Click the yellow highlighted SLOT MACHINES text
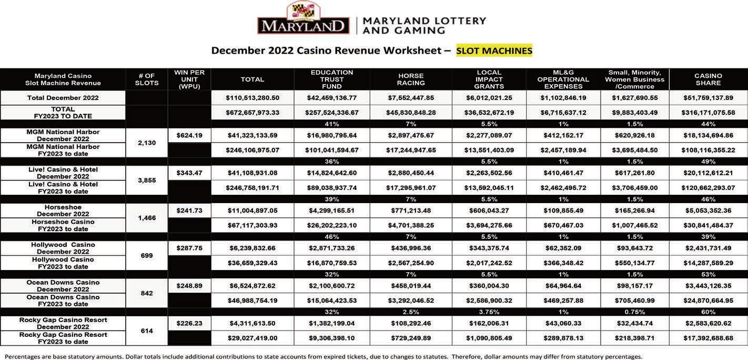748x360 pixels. (x=494, y=51)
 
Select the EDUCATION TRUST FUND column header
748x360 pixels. (x=332, y=79)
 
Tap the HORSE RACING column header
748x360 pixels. (x=411, y=79)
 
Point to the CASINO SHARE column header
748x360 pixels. (x=708, y=79)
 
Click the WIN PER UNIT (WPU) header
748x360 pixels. (x=189, y=79)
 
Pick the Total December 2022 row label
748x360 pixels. (x=63, y=98)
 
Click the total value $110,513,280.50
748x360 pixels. (x=252, y=98)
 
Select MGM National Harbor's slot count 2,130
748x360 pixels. (x=147, y=143)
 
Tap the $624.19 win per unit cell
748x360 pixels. (x=189, y=135)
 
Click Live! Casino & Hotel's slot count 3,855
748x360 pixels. (x=147, y=181)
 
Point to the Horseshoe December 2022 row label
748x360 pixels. (x=63, y=211)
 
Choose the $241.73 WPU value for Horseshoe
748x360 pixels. (x=189, y=211)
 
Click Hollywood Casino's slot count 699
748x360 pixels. (x=147, y=256)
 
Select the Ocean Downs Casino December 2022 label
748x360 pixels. (x=63, y=286)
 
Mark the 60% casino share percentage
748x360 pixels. (x=708, y=312)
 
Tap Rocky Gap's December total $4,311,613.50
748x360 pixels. (x=252, y=324)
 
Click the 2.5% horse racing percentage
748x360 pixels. (x=411, y=312)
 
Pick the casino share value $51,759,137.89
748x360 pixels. (x=708, y=98)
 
